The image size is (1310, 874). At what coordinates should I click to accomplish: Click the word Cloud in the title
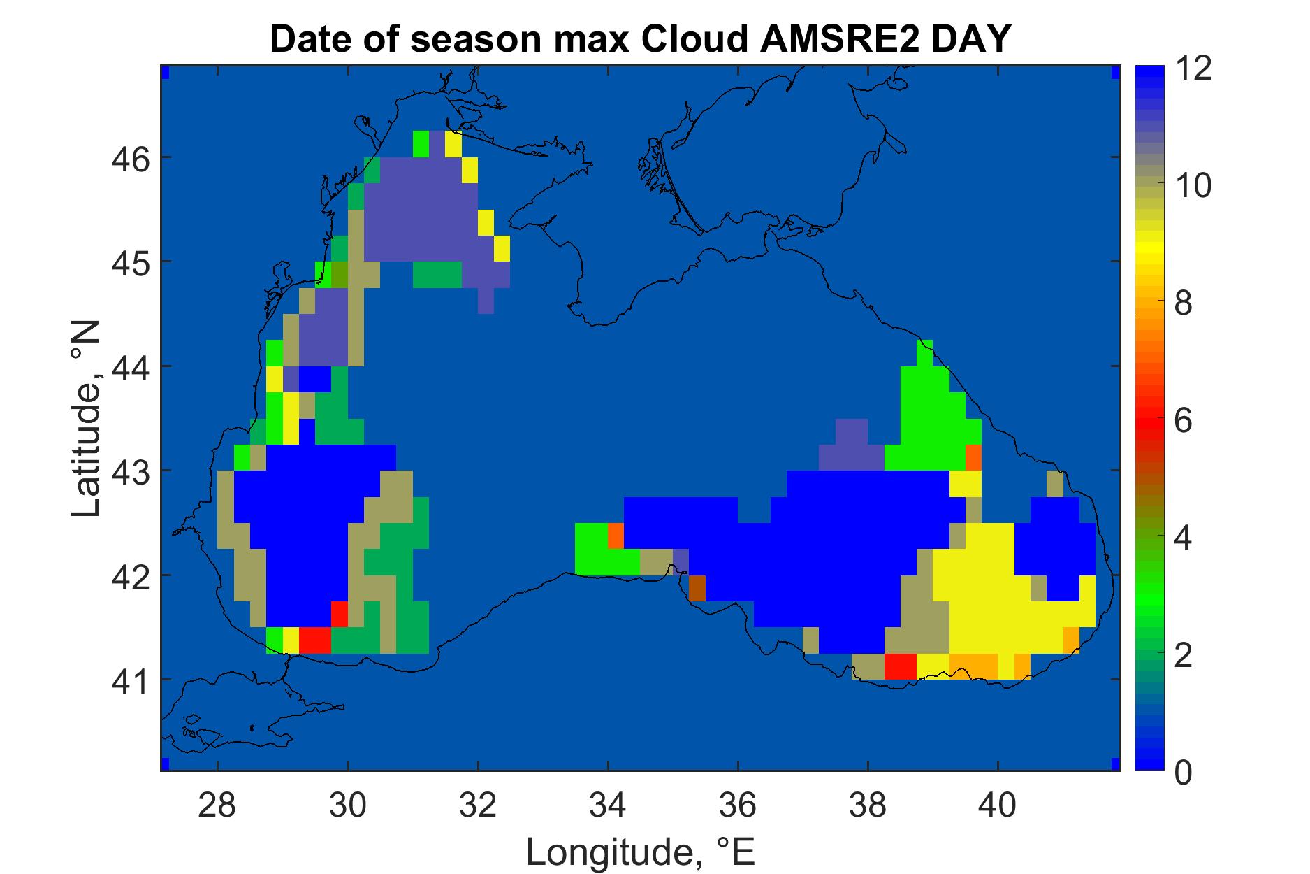pos(688,41)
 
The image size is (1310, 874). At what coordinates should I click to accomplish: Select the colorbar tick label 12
pos(1193,70)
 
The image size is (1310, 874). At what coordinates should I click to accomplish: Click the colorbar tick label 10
pos(1193,187)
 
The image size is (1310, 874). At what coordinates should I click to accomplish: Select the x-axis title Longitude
pos(640,852)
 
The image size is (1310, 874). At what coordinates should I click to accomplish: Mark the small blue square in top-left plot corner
pos(166,72)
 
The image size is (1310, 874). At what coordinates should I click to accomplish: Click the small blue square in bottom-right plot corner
pos(1115,762)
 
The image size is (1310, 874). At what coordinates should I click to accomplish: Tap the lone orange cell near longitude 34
pos(616,536)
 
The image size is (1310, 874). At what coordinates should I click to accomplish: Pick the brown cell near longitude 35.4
pos(697,588)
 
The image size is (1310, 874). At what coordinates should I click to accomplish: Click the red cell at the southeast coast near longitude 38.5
pos(900,666)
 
